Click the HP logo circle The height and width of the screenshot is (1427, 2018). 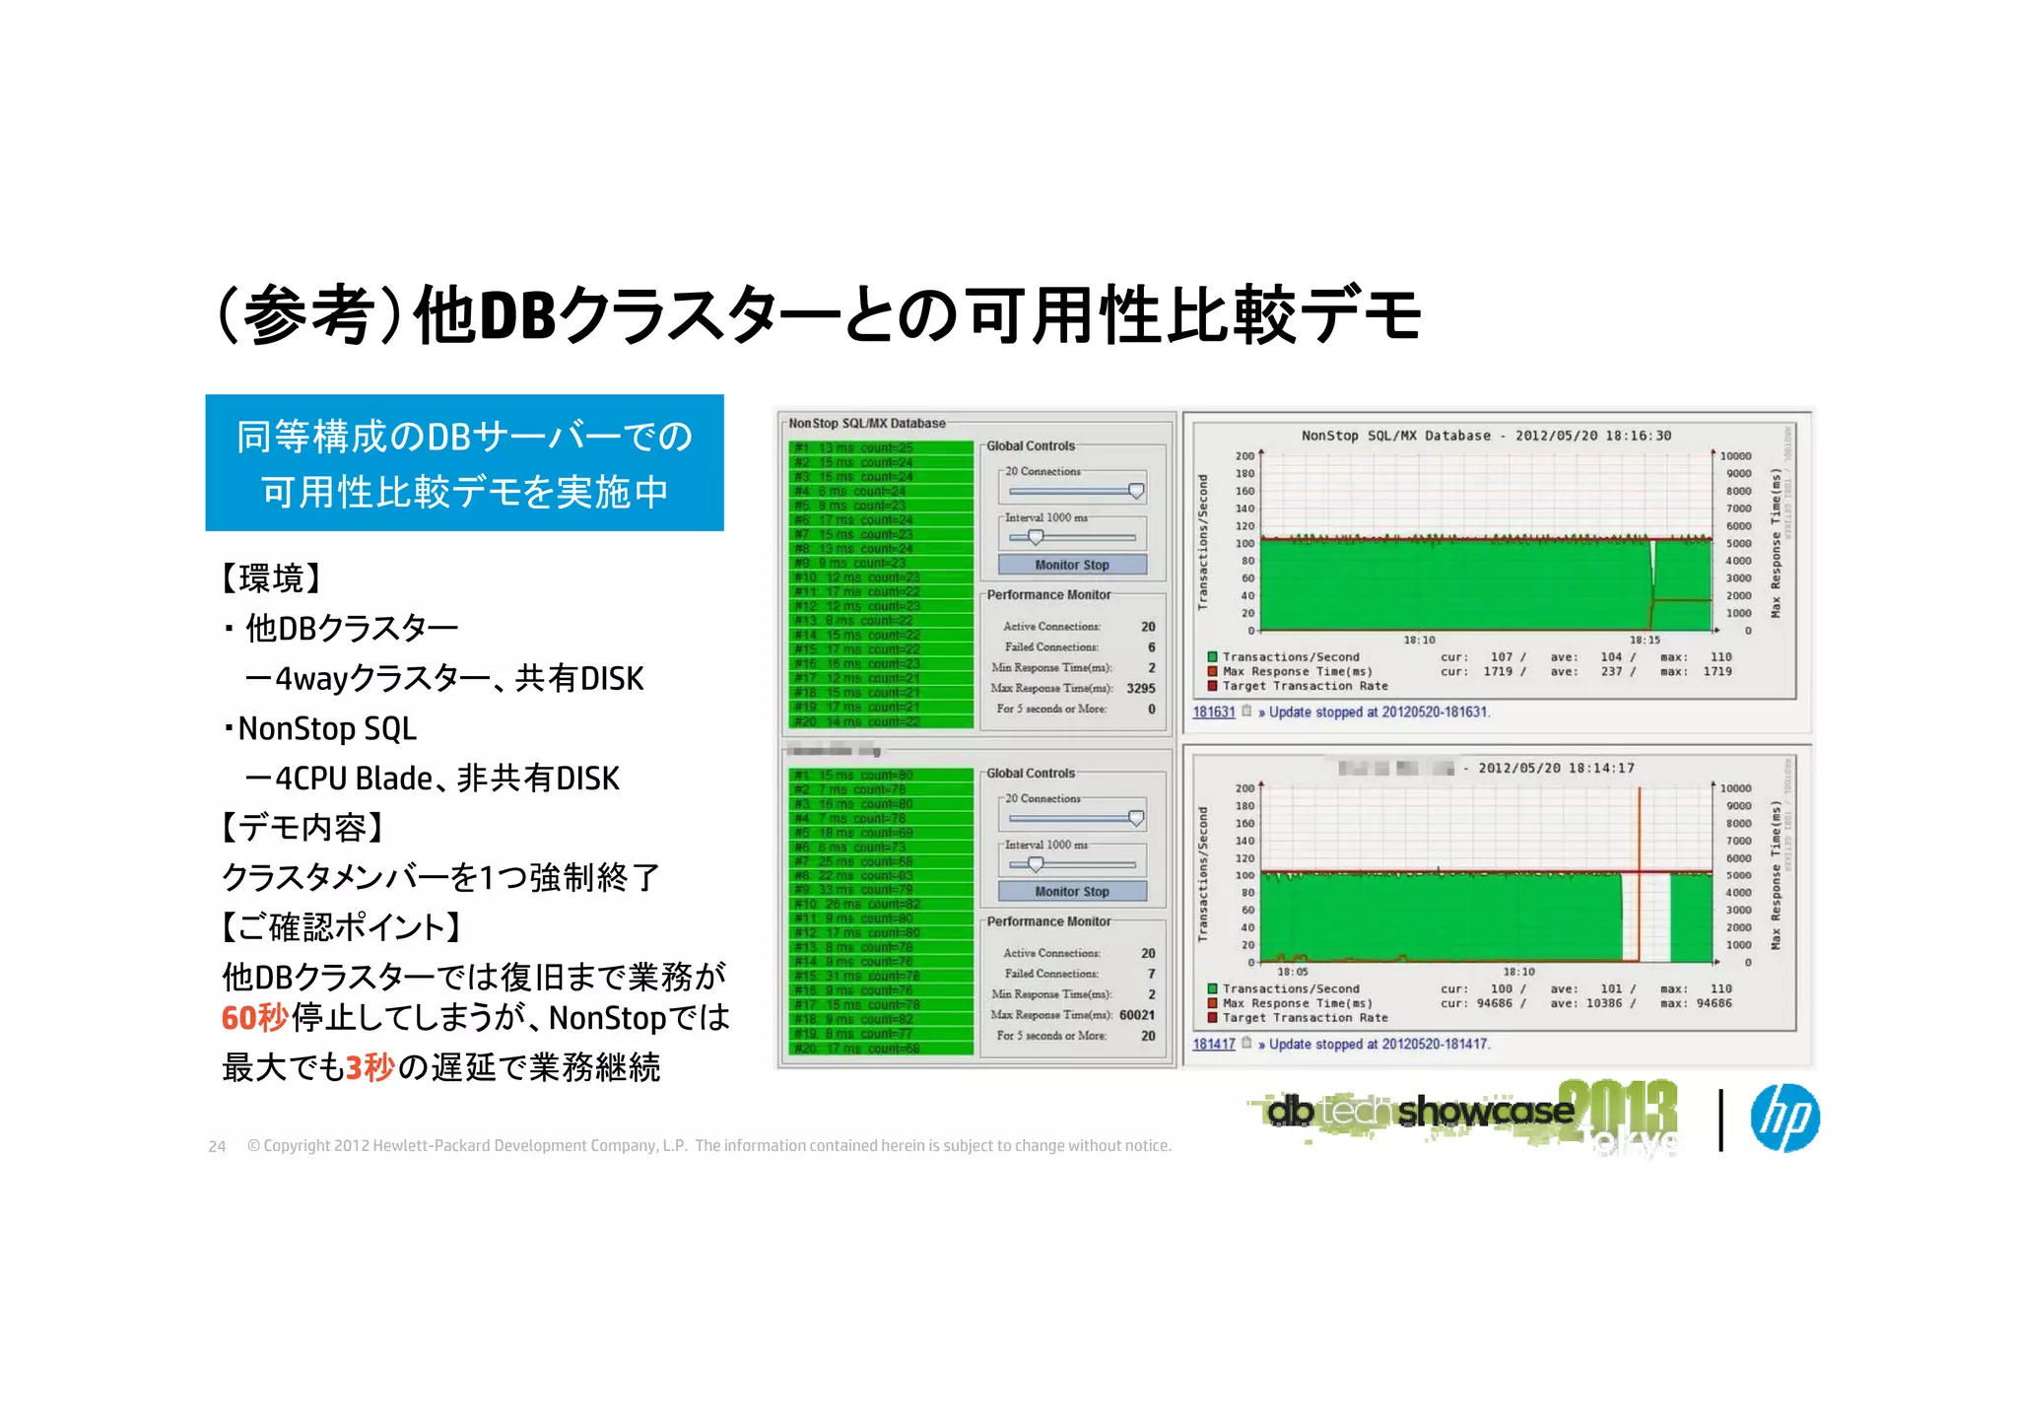click(1784, 1118)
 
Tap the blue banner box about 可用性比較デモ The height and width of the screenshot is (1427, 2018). click(464, 463)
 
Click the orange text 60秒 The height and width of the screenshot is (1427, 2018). click(254, 1017)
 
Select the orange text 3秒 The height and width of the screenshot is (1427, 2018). click(370, 1067)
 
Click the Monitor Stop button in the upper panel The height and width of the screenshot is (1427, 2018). click(1072, 565)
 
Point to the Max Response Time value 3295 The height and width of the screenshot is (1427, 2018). click(1140, 688)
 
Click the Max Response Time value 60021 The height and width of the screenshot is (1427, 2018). click(1136, 1015)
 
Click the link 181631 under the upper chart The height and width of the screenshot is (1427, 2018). click(1213, 712)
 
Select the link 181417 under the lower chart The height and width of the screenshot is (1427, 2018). click(1213, 1044)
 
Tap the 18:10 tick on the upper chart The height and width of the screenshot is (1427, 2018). click(1419, 640)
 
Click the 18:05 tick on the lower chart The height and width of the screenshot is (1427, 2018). click(1292, 972)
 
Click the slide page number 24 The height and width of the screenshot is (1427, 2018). click(217, 1146)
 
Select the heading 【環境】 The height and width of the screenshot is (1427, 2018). click(271, 578)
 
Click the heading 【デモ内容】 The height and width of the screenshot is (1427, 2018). click(302, 827)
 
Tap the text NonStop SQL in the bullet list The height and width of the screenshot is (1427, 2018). click(327, 728)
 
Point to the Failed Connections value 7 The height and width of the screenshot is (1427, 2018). click(1151, 974)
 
